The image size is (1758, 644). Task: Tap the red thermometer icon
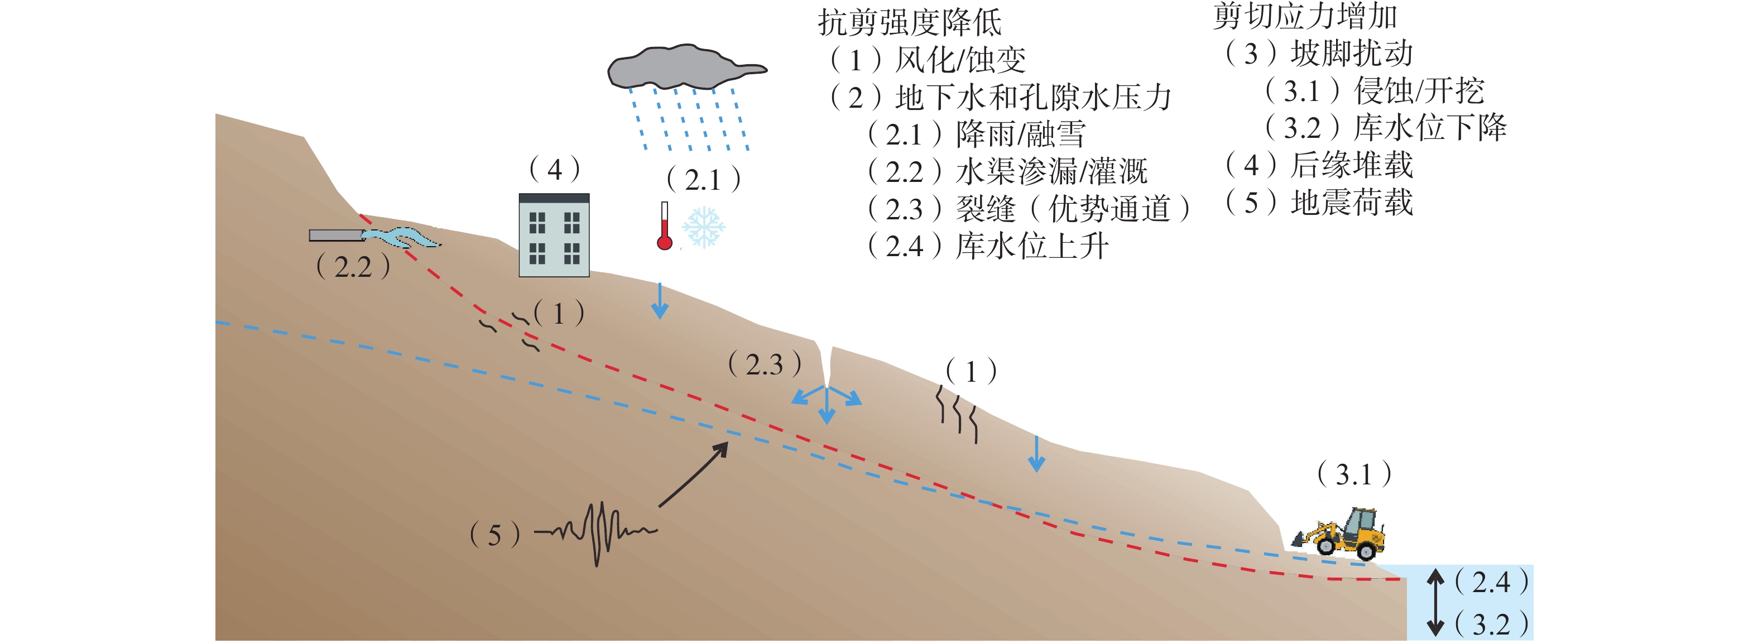pos(664,227)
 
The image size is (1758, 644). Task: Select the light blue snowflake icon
pos(703,227)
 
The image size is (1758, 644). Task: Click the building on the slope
pos(554,236)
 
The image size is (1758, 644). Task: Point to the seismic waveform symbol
pos(597,532)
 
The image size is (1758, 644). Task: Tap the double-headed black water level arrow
pos(1436,602)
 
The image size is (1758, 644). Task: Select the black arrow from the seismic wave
pos(693,475)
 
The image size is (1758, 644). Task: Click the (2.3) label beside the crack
pos(765,364)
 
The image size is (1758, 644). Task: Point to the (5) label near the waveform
pos(495,535)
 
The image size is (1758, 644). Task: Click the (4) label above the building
pos(554,169)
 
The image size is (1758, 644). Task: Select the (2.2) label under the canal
pos(353,266)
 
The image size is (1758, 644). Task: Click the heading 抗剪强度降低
pos(909,22)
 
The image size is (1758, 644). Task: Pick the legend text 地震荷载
pos(1351,203)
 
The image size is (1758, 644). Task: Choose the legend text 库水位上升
pos(1031,246)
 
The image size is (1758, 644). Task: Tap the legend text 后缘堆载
pos(1351,165)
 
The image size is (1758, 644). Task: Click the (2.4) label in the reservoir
pos(1491,581)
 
